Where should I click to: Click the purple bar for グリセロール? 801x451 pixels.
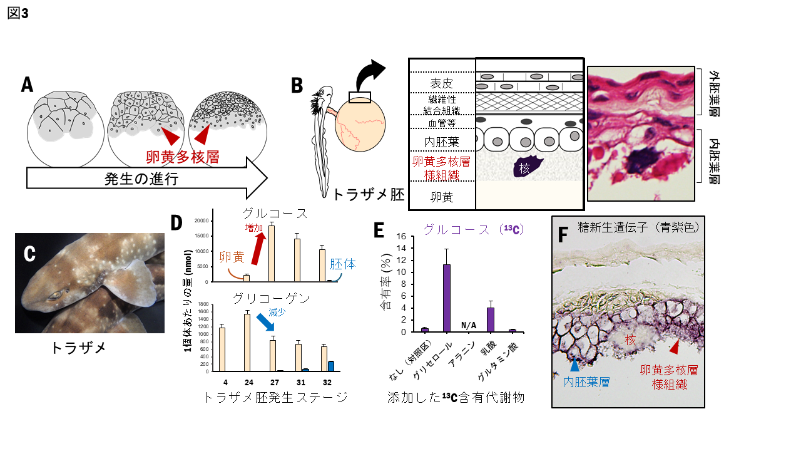coord(447,298)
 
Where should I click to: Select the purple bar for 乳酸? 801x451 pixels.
coord(491,319)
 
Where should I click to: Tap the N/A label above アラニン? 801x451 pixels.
coord(469,325)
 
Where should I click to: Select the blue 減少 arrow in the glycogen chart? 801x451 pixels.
coord(265,323)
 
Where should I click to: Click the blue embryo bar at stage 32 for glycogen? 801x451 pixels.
coord(331,366)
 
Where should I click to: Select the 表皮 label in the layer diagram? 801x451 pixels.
coord(441,83)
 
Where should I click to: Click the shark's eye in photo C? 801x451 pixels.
coord(54,293)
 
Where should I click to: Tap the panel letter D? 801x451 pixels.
coord(176,224)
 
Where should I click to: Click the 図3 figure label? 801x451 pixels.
coord(18,13)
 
